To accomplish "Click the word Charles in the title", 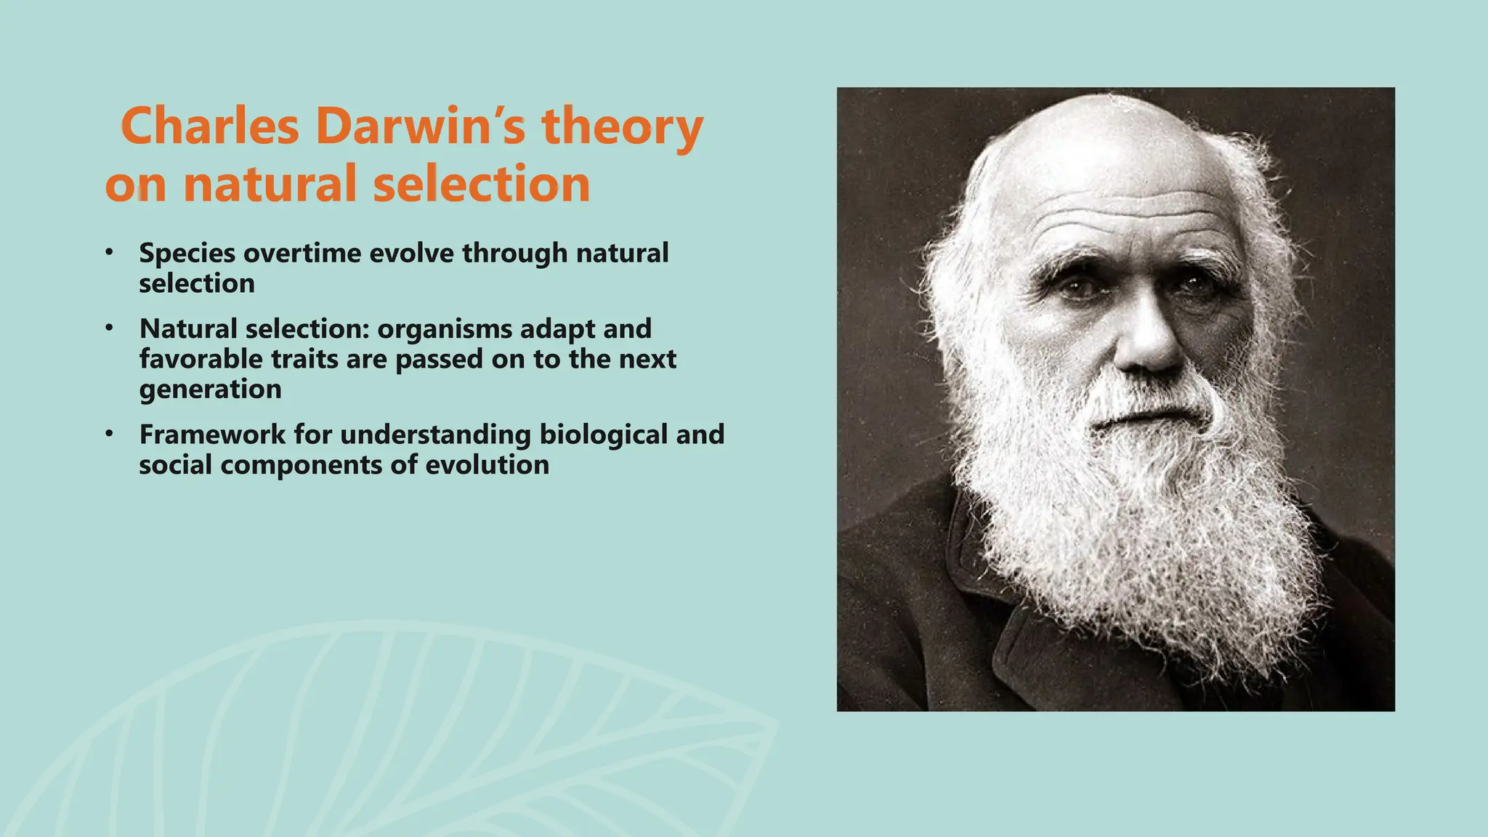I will pos(210,126).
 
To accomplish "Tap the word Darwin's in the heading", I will pos(421,126).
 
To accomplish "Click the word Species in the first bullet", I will pos(187,254).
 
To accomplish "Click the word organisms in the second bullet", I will pos(445,329).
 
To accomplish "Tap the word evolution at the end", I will pos(487,465).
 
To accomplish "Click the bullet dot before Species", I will pos(109,252).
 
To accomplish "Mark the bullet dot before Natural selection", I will pos(109,328).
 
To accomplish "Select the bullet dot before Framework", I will pos(109,434).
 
